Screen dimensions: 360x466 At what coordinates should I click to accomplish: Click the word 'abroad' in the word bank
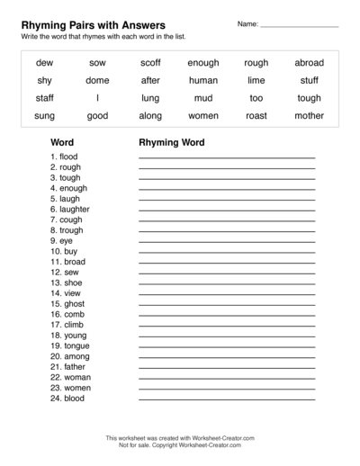pos(309,63)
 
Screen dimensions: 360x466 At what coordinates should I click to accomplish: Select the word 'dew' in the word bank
pos(44,63)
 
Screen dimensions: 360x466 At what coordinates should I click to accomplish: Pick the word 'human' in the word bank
pos(203,80)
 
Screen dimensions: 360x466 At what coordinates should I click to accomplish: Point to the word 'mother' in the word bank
pos(309,116)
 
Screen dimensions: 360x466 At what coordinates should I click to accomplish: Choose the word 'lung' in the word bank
pos(150,98)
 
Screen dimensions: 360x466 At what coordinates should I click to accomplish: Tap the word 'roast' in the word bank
pos(256,116)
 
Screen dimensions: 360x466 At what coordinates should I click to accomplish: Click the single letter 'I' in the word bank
pos(97,98)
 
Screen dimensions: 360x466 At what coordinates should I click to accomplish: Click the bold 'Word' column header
pos(62,142)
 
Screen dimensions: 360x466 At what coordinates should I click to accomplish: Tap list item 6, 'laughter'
pos(69,209)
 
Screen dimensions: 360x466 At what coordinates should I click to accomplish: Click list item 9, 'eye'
pos(62,240)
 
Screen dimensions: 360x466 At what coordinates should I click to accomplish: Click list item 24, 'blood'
pos(67,398)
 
